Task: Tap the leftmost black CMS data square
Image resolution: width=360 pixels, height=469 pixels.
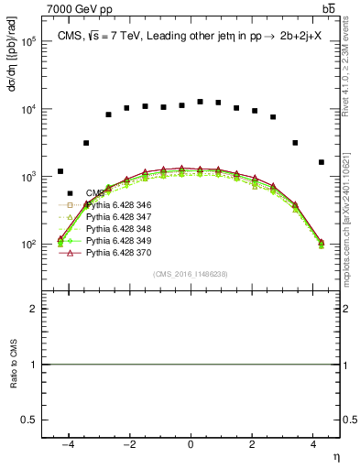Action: click(x=60, y=171)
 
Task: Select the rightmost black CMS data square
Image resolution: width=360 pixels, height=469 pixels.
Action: click(x=321, y=162)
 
